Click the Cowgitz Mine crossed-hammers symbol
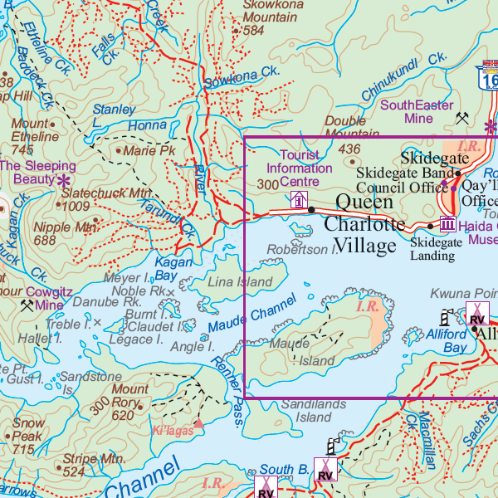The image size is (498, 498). (x=27, y=305)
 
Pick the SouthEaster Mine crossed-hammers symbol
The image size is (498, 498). (x=462, y=119)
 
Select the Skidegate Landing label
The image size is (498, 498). (x=432, y=248)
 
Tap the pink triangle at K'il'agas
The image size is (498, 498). (x=198, y=423)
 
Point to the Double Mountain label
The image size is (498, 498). (x=357, y=128)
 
